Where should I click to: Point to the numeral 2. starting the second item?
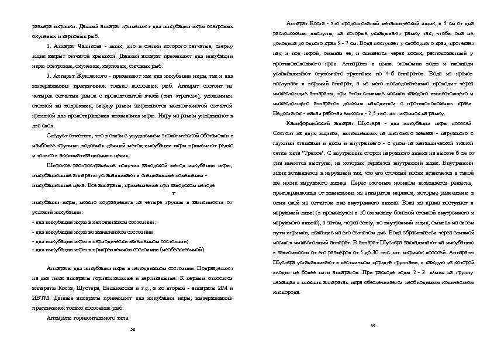click(x=49, y=46)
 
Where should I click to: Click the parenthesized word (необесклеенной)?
click(x=186, y=249)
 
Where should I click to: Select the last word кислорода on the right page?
click(x=286, y=292)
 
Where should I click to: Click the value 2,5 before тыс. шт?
click(x=368, y=113)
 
